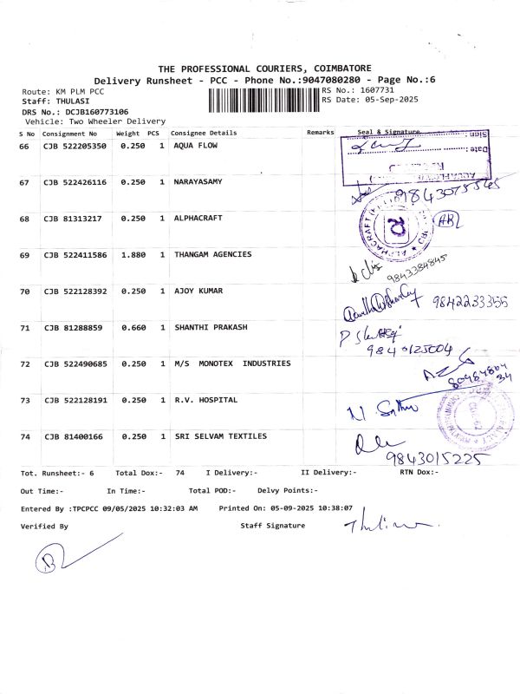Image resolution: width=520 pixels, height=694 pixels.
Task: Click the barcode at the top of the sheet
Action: [x=263, y=101]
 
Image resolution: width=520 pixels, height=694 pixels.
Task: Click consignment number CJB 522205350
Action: [x=75, y=146]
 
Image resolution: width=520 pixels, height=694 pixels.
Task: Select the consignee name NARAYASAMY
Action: [x=198, y=182]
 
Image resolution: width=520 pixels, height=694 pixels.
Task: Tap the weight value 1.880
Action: [x=132, y=254]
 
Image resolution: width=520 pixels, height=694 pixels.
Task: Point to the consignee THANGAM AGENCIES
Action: [x=212, y=254]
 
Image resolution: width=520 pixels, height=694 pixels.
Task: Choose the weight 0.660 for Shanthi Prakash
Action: [x=132, y=327]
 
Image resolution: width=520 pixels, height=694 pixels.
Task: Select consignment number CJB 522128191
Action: [x=75, y=400]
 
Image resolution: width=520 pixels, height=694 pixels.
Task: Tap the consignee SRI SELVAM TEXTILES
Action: [x=220, y=436]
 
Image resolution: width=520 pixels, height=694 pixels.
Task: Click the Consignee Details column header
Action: [x=204, y=133]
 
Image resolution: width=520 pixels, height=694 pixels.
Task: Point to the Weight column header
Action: [x=127, y=134]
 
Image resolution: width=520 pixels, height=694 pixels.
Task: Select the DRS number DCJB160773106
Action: [x=86, y=112]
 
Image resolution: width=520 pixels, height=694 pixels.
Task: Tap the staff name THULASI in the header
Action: [x=71, y=101]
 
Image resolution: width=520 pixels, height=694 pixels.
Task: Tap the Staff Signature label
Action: [x=272, y=526]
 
